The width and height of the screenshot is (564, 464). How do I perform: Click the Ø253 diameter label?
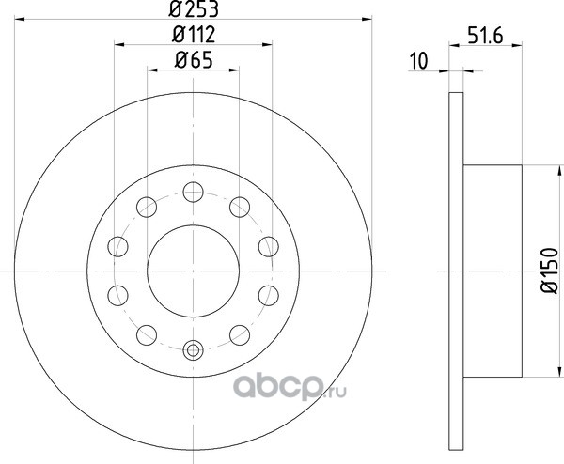pyautogui.click(x=194, y=9)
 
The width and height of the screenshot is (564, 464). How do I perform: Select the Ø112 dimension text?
pyautogui.click(x=194, y=35)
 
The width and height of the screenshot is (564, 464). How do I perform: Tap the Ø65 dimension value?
pyautogui.click(x=194, y=60)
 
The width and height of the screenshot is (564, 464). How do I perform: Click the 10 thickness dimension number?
pyautogui.click(x=419, y=61)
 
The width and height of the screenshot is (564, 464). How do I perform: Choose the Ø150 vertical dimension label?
pyautogui.click(x=550, y=271)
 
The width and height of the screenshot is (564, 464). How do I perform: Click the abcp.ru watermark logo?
pyautogui.click(x=290, y=387)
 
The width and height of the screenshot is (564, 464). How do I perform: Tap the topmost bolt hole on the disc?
pyautogui.click(x=193, y=192)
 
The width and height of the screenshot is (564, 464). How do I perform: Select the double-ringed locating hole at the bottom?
pyautogui.click(x=193, y=349)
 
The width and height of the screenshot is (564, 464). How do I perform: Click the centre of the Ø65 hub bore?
pyautogui.click(x=193, y=271)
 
